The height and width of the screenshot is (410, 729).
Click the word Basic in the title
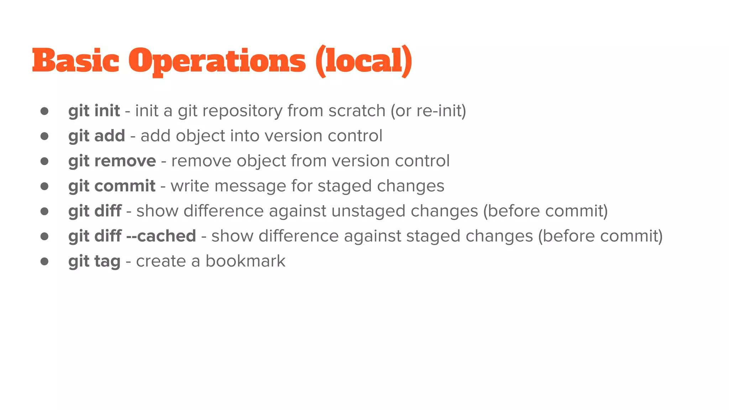pos(75,61)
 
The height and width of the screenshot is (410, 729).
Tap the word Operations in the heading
pos(217,61)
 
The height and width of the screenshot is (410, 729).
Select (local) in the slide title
pos(364,61)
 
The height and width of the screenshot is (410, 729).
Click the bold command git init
pos(94,111)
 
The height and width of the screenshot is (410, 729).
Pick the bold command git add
pos(96,136)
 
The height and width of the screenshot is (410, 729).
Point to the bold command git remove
pos(112,161)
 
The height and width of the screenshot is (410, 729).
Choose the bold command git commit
pos(112,186)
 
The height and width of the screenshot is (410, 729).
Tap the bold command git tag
pos(94,262)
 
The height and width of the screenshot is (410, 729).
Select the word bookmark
pos(245,261)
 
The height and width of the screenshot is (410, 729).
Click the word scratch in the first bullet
pos(357,111)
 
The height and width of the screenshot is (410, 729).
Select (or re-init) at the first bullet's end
pos(428,111)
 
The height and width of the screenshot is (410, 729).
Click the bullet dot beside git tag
pos(44,262)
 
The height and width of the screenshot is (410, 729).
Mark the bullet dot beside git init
pos(44,111)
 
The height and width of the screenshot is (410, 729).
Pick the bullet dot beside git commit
pos(44,186)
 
